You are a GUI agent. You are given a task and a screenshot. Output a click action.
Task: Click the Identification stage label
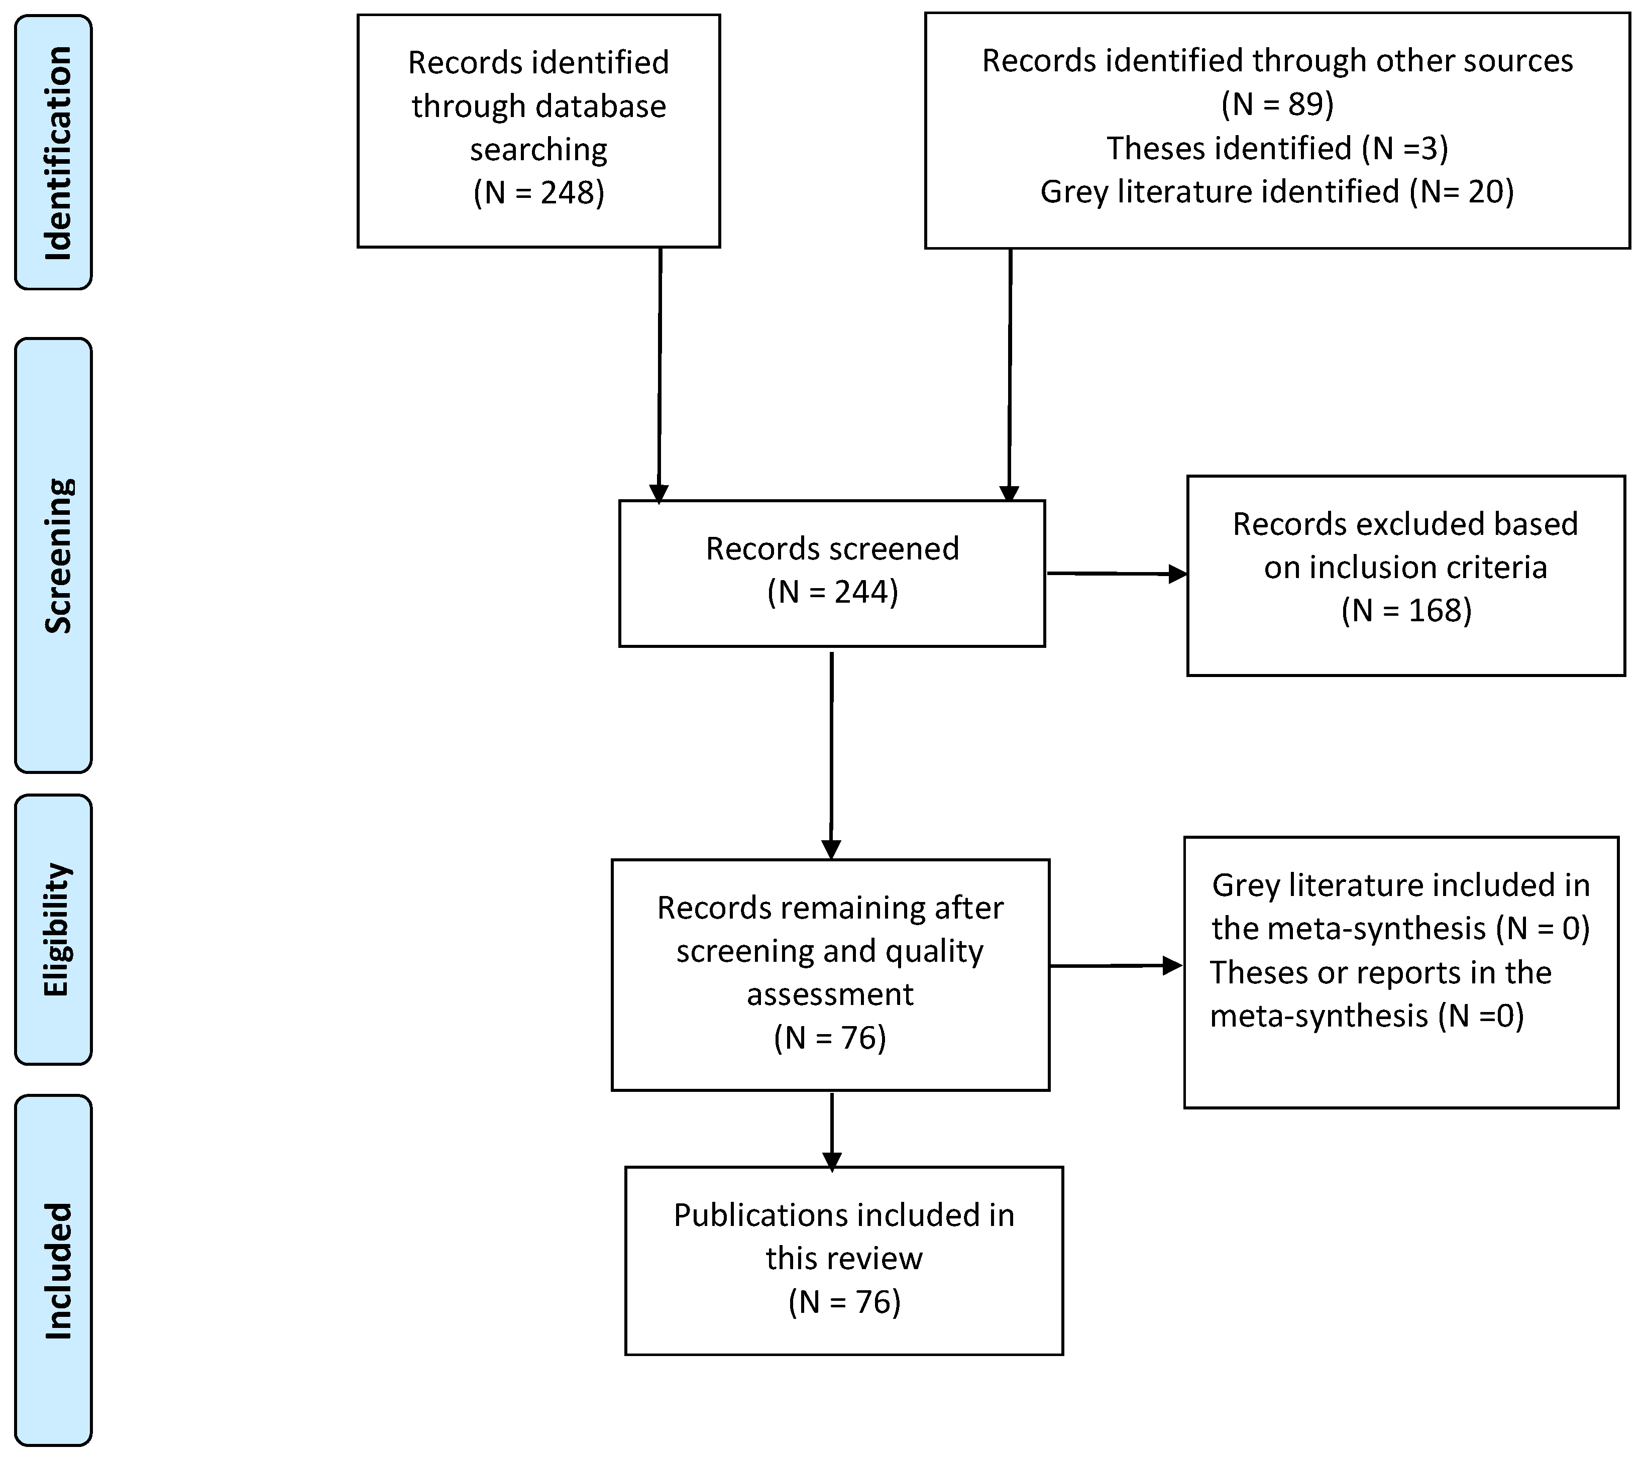(56, 153)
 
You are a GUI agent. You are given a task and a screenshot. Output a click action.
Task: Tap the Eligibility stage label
(56, 929)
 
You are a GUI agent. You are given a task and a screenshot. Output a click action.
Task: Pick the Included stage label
(56, 1271)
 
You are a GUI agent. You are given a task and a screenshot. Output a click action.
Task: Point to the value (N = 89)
(1277, 104)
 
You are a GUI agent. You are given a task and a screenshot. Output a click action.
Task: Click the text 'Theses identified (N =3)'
(1277, 148)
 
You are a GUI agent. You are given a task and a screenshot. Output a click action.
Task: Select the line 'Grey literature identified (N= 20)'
(1277, 191)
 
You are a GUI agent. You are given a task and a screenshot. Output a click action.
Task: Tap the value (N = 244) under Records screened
(832, 592)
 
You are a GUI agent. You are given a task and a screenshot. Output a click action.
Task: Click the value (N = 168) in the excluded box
(1406, 610)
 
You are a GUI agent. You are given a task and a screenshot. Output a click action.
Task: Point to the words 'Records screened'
(832, 548)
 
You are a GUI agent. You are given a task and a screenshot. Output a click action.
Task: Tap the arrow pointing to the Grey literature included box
(1117, 966)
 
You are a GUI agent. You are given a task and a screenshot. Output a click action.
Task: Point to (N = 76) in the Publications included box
(844, 1302)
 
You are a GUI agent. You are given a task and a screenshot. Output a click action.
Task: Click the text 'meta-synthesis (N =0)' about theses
(1367, 1016)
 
